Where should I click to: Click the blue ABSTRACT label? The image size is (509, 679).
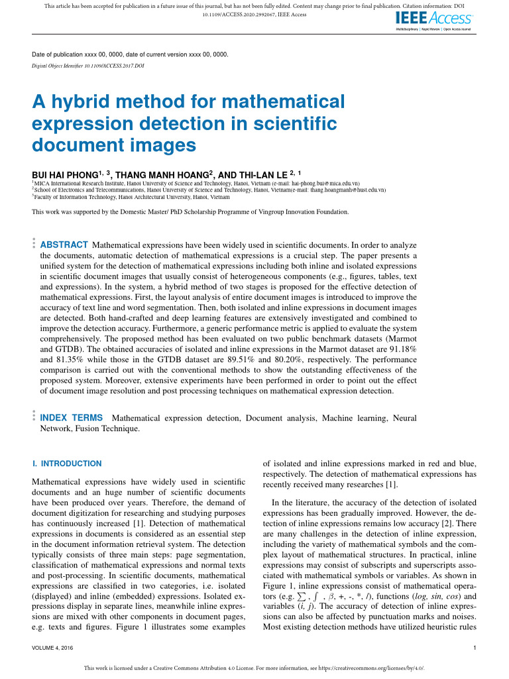click(x=64, y=245)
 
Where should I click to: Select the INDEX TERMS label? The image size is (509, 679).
click(x=72, y=418)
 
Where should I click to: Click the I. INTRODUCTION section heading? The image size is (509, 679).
click(x=67, y=463)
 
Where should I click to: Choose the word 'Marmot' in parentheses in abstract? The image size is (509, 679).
click(x=404, y=338)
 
